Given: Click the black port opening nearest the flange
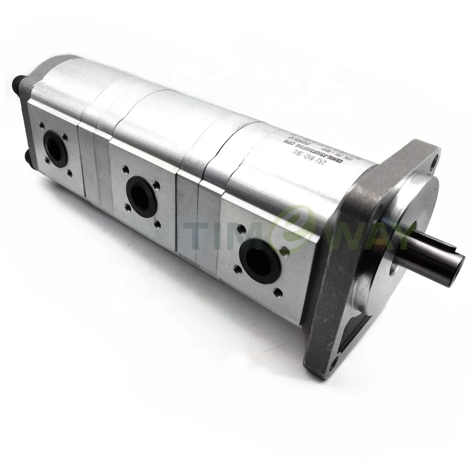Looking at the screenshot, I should point(260,260).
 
